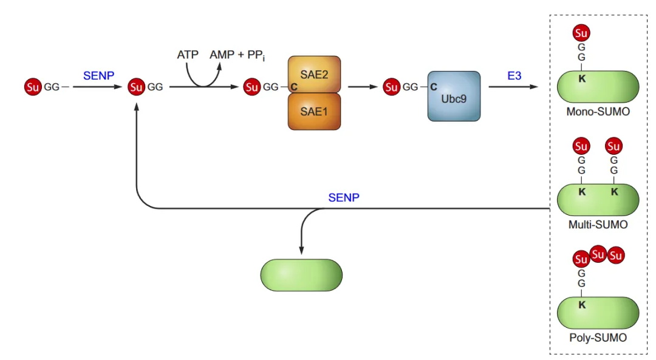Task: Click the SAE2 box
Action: point(314,75)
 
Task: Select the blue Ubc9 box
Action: point(454,96)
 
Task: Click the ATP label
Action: point(188,55)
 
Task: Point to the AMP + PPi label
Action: point(237,55)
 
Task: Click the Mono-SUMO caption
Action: point(598,112)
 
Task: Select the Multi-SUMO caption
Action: point(598,225)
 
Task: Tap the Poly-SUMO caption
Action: point(598,338)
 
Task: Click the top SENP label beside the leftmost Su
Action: point(98,76)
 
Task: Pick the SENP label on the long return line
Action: point(344,197)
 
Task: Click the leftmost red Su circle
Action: point(33,87)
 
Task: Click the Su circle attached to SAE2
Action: point(252,87)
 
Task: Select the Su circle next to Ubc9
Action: point(392,87)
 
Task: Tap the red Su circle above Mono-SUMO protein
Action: point(581,33)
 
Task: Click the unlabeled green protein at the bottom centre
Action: point(301,274)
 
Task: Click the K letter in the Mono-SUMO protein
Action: point(582,78)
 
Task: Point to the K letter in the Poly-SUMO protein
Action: point(582,305)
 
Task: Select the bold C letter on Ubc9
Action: point(434,87)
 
